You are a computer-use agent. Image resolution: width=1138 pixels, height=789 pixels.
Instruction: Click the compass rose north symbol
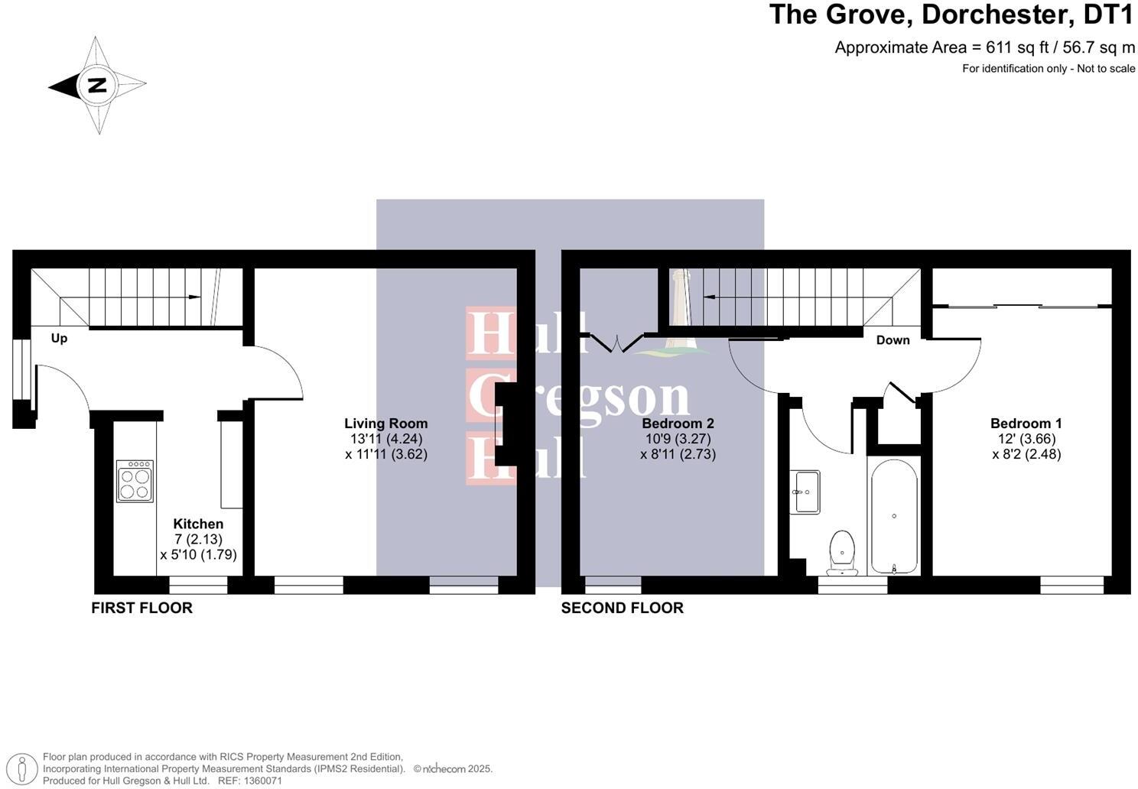[x=97, y=85]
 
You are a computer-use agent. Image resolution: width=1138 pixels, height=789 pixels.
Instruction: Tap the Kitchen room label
[x=198, y=524]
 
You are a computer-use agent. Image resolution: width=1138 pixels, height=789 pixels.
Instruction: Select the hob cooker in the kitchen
[x=135, y=481]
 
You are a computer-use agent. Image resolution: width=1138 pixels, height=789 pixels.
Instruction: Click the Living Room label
[x=385, y=423]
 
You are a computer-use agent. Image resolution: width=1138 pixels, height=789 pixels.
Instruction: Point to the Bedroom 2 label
[x=678, y=423]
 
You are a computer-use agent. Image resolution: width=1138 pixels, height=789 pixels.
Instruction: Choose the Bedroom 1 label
[x=1026, y=423]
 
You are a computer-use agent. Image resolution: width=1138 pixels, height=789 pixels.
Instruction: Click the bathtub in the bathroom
[x=894, y=516]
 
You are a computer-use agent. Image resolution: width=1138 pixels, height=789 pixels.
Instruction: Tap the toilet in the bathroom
[x=842, y=552]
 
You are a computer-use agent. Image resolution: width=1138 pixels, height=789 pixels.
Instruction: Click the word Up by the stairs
[x=59, y=338]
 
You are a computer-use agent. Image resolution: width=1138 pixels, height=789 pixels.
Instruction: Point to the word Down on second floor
[x=893, y=340]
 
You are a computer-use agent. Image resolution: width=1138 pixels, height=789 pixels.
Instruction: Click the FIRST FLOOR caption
[x=141, y=608]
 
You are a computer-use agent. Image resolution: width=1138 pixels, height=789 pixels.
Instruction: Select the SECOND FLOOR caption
[x=622, y=608]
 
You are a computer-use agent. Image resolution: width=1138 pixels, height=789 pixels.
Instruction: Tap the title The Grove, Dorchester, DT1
[x=951, y=15]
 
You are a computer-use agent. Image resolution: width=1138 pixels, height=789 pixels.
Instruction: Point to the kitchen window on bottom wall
[x=198, y=585]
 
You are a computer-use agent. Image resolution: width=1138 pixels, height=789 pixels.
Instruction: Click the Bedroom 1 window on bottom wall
[x=1071, y=585]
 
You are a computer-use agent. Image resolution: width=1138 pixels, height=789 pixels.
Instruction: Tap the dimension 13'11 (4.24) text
[x=385, y=439]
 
